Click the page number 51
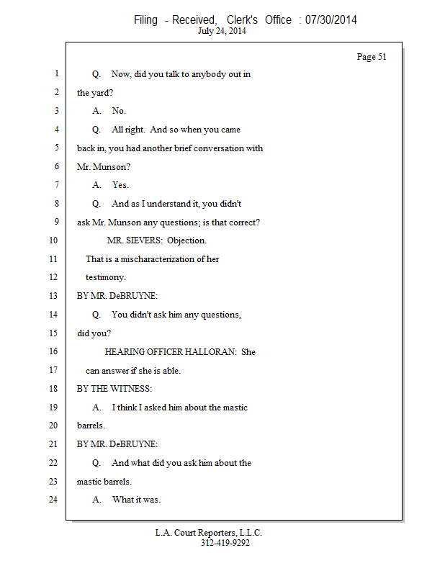tap(372, 57)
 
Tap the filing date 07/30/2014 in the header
tap(331, 20)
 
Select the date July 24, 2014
tap(223, 31)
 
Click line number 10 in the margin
tap(53, 240)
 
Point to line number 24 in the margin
tap(53, 499)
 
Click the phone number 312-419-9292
tap(225, 543)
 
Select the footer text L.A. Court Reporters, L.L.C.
tap(209, 533)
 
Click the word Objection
tap(186, 240)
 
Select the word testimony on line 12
tap(106, 277)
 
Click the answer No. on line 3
tap(119, 111)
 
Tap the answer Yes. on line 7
tap(120, 185)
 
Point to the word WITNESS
tap(132, 389)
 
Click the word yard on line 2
tap(100, 93)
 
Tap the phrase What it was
tap(136, 500)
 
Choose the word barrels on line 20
tap(91, 426)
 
